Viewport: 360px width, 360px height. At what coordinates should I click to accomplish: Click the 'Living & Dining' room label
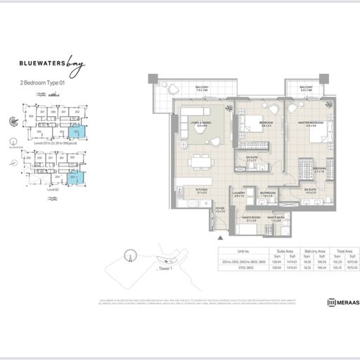click(202, 124)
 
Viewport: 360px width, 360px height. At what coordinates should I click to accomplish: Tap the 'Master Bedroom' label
click(310, 123)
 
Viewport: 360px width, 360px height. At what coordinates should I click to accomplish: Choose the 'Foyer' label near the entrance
click(219, 208)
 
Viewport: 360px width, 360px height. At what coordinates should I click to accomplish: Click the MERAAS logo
click(342, 302)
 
